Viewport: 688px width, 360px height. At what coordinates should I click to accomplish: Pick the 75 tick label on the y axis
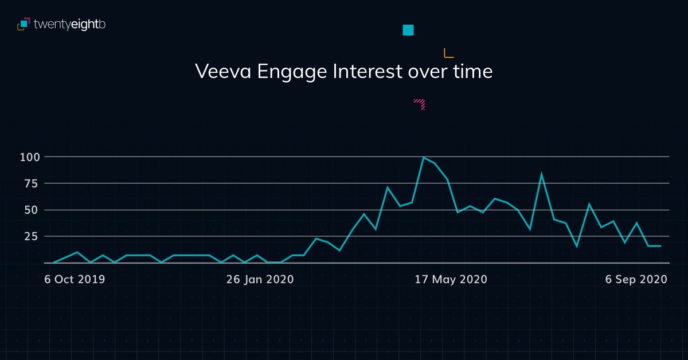pos(31,183)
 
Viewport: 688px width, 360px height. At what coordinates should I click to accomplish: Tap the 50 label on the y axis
pos(31,210)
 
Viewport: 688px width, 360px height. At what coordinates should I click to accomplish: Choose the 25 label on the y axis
pos(31,236)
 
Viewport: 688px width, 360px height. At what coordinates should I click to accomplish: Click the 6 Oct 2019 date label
pos(75,279)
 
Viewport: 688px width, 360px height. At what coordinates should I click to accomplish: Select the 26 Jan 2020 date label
pos(260,279)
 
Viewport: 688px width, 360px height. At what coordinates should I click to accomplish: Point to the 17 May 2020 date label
pos(451,279)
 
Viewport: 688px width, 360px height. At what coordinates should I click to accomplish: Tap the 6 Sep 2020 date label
pos(636,279)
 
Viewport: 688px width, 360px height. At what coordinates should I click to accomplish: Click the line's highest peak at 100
pos(423,157)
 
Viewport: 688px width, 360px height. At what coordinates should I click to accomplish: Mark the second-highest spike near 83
pos(541,174)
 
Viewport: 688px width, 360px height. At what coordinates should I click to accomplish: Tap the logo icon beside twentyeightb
pos(24,24)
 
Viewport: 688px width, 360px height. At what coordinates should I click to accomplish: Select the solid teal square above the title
pos(408,30)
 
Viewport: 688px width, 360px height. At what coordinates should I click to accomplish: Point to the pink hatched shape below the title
pos(420,104)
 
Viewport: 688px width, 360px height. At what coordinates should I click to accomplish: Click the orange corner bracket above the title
pos(448,53)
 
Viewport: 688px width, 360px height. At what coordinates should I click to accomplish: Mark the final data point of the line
pos(660,246)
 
